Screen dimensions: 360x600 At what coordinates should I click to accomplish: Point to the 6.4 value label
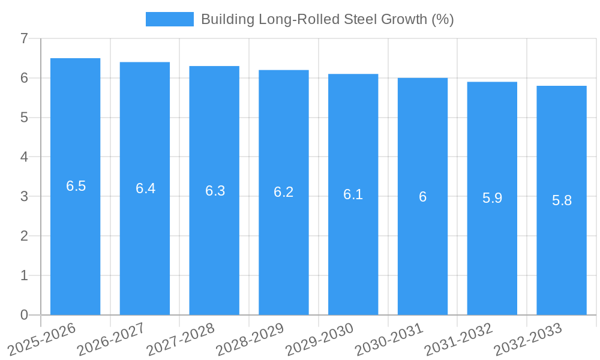pos(145,188)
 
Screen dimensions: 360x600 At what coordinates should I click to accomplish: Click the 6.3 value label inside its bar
pos(215,191)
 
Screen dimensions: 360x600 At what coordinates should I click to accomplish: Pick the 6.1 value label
pos(353,194)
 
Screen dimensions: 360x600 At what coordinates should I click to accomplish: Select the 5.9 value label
pos(492,199)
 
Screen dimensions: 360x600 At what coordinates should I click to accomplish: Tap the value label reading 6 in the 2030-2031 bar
pos(422,197)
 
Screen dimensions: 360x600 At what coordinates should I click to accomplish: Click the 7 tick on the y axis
pos(24,38)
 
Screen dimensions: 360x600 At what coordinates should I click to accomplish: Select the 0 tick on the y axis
pos(24,315)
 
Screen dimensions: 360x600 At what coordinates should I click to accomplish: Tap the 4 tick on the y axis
pos(24,157)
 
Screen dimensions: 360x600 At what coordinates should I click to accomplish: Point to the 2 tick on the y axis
pos(24,236)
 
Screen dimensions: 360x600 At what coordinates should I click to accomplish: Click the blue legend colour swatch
pos(170,19)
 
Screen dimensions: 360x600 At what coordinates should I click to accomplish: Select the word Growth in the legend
pos(406,19)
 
